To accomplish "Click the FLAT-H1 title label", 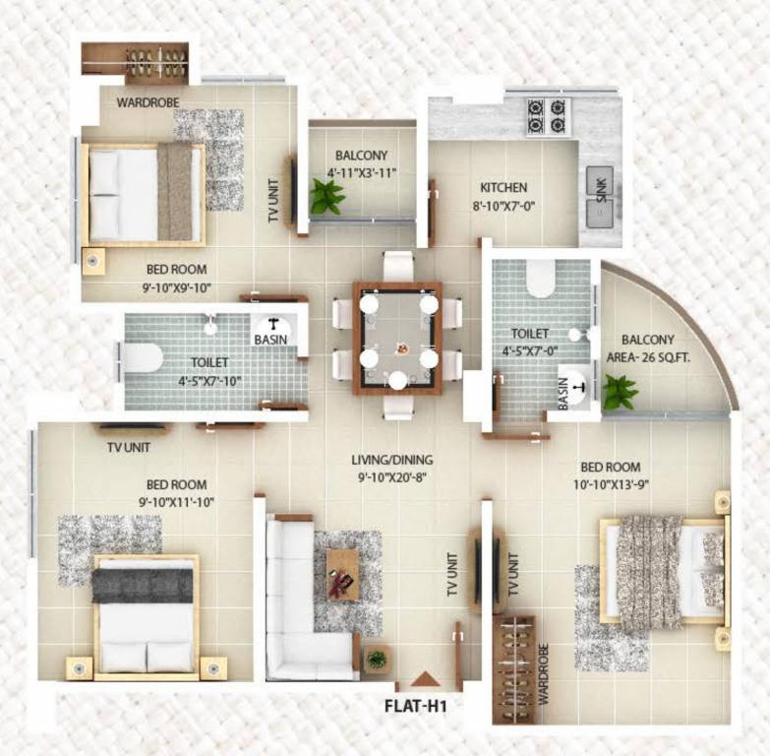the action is point(415,707).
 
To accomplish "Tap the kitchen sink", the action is point(600,198).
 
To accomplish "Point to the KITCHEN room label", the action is point(503,187).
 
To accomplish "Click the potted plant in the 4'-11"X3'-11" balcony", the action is point(326,197).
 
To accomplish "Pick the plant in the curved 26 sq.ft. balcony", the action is point(620,391).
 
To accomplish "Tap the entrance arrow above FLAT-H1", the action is point(424,679).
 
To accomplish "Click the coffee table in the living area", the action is point(343,575).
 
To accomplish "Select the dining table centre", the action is point(397,338).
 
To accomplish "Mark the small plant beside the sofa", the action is point(377,659).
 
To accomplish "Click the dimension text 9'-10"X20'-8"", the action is point(391,476).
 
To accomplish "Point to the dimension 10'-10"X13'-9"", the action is point(611,484).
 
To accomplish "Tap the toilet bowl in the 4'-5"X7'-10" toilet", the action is point(144,357).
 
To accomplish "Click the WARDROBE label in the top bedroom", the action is point(148,102).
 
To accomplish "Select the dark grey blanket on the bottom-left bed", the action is point(143,586).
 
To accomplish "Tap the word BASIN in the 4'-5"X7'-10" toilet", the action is point(270,340).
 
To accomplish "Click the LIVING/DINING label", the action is point(391,460).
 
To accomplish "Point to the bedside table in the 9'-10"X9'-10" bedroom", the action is point(93,261).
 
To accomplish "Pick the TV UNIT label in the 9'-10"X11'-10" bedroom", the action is point(129,447).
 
